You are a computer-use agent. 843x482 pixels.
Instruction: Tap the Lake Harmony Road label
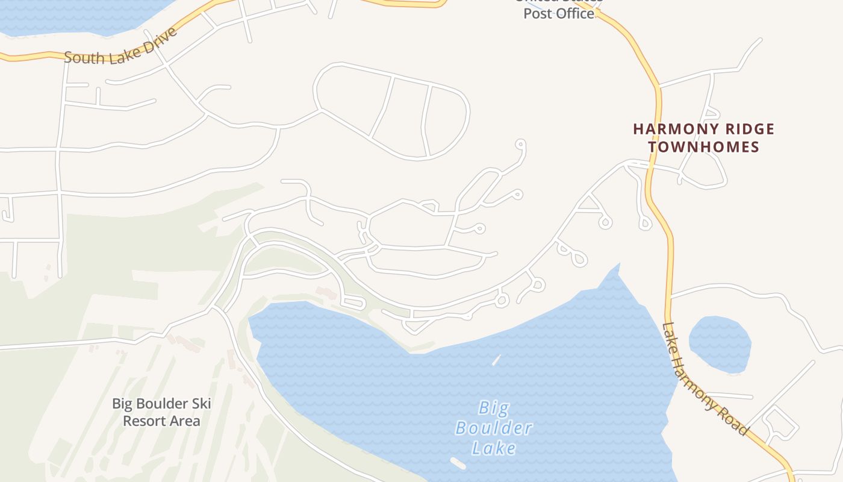point(705,379)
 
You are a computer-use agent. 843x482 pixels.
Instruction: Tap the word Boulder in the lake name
point(494,428)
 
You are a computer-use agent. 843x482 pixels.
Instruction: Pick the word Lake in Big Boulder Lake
point(494,448)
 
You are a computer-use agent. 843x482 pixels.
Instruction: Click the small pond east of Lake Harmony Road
point(720,343)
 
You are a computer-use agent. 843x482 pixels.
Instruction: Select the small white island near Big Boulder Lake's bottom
point(458,463)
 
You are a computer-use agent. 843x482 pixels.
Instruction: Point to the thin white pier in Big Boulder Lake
point(496,360)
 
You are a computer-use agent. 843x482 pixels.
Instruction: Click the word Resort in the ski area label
point(143,421)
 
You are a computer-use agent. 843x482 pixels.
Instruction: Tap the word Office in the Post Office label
point(577,13)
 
